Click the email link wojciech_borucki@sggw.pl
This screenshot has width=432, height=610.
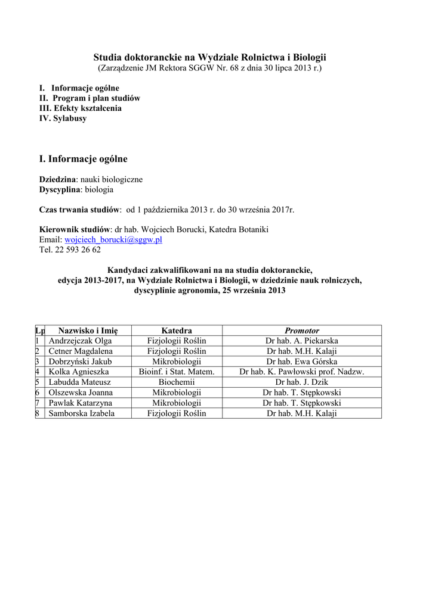(x=113, y=239)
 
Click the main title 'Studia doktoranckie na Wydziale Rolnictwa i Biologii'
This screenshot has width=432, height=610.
(x=209, y=57)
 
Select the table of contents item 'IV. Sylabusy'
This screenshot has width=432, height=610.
(x=63, y=119)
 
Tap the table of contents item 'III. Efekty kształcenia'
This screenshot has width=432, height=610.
(x=80, y=108)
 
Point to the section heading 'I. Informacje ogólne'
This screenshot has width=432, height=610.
(x=83, y=159)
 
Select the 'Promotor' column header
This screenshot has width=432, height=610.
(x=301, y=331)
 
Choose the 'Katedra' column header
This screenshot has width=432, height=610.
(x=177, y=331)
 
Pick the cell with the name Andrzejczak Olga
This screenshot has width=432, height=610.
(x=80, y=341)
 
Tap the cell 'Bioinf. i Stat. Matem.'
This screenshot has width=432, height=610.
(x=177, y=372)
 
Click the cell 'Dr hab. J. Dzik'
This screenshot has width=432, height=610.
(x=301, y=382)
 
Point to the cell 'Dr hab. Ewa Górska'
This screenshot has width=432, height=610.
(x=301, y=362)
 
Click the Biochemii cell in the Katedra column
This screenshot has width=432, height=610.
(x=177, y=382)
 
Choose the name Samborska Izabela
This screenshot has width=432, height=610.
(x=82, y=413)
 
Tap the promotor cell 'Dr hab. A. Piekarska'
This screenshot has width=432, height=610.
(x=301, y=341)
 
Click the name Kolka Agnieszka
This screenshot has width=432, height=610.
(x=79, y=372)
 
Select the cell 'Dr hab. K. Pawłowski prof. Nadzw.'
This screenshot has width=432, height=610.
(x=301, y=372)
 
